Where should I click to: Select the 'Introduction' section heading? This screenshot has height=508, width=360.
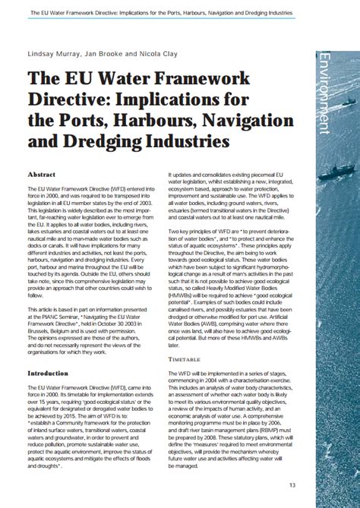(x=48, y=374)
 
